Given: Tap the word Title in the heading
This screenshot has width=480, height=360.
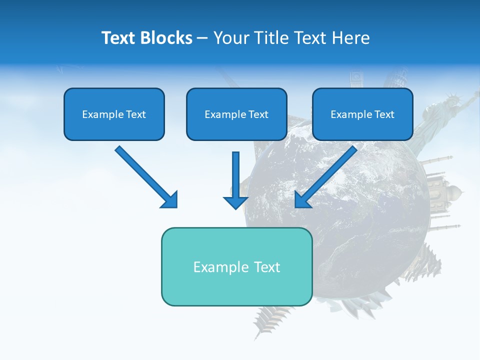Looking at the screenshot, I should pyautogui.click(x=270, y=38).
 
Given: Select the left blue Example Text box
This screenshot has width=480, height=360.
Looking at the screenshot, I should pyautogui.click(x=114, y=114).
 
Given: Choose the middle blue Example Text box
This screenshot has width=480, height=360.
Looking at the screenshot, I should pyautogui.click(x=236, y=114).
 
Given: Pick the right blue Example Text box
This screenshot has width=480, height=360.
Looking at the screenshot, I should pyautogui.click(x=362, y=114).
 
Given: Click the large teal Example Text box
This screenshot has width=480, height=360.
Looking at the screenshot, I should pyautogui.click(x=236, y=266).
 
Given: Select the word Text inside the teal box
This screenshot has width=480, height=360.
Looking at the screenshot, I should pyautogui.click(x=266, y=267).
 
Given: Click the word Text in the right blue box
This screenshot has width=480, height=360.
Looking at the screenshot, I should pyautogui.click(x=384, y=114).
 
